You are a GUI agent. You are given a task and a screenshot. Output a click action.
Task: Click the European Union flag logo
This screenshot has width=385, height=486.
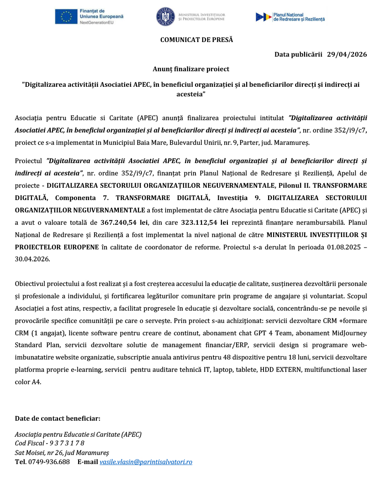pos(66,16)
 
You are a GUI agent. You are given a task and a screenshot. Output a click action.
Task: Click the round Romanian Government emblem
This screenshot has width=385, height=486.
pos(165,17)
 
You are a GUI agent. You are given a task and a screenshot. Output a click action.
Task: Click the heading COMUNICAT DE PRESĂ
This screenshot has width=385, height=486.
pos(196,40)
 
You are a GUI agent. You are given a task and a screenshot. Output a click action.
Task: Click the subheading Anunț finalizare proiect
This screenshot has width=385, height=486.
pos(191,69)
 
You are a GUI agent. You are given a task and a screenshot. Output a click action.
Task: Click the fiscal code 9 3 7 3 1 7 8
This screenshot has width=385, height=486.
pos(63,443)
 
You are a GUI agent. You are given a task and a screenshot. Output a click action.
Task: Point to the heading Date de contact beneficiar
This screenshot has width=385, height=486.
pos(58,418)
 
